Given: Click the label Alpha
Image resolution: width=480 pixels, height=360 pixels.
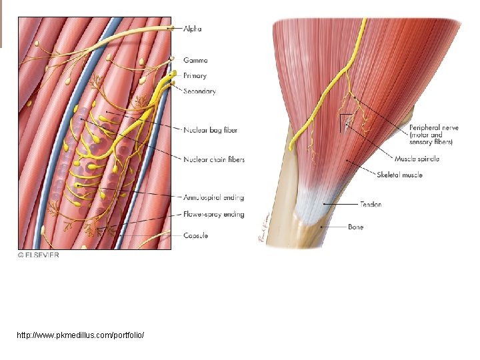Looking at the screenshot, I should click(192, 29).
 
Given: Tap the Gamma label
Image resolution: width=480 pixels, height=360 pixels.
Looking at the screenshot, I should click(195, 60).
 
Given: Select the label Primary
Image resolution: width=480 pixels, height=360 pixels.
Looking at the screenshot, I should click(195, 76).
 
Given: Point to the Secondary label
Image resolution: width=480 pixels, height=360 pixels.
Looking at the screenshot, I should click(199, 91).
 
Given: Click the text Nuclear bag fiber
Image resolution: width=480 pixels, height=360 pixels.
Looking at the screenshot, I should click(210, 130).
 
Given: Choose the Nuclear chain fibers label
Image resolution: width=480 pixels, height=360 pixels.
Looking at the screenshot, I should click(214, 159).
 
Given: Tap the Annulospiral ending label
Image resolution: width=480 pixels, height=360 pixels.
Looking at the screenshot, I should click(213, 197).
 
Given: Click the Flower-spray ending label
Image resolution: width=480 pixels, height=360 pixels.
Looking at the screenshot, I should click(213, 215).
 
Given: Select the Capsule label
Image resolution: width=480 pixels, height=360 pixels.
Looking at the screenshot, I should click(196, 235).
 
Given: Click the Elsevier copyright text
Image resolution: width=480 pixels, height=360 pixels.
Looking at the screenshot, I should click(38, 255).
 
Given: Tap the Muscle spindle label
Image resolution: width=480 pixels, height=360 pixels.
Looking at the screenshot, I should click(417, 159).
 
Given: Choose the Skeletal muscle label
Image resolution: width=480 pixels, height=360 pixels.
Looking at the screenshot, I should click(399, 175).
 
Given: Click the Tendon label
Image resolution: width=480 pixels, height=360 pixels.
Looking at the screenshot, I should click(371, 204).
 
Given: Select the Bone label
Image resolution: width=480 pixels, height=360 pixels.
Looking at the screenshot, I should click(356, 227).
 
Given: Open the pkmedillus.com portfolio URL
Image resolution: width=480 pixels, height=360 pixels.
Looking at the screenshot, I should click(80, 334).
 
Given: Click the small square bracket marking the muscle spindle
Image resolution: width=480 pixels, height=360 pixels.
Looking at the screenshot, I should click(345, 121).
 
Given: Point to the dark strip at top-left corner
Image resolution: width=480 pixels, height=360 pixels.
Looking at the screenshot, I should click(1, 23).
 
